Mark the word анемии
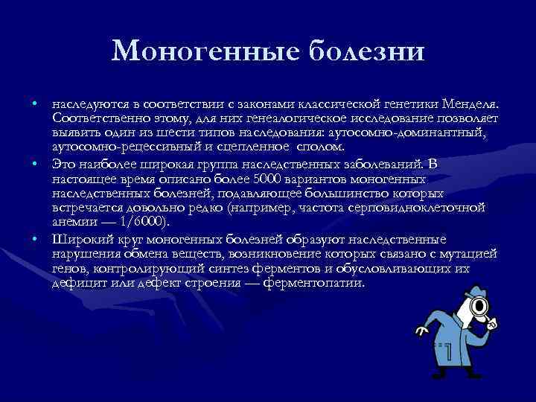point(70,221)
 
